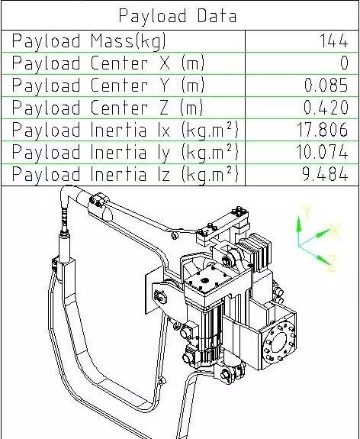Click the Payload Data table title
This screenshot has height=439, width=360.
[x=178, y=16]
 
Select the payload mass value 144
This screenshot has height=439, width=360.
[x=333, y=41]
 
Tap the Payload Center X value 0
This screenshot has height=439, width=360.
[x=344, y=63]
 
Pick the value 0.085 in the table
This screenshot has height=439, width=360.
[x=326, y=85]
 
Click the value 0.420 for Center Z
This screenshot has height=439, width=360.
[x=326, y=108]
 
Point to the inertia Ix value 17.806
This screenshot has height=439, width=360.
[x=323, y=130]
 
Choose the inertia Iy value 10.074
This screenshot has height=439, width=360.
[x=323, y=152]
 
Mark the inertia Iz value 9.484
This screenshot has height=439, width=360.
[x=326, y=174]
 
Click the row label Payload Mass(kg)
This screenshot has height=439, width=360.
[x=89, y=41]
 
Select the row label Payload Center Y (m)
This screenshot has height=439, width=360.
[x=108, y=86]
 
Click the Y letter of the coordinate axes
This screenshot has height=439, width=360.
[x=307, y=212]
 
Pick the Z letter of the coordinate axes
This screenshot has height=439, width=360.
[x=332, y=263]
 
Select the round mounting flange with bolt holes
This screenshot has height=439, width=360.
[x=279, y=342]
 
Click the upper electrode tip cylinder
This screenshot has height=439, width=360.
[x=64, y=244]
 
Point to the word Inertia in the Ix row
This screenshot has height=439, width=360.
[x=118, y=130]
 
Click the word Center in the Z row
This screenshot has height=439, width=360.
[x=120, y=108]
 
